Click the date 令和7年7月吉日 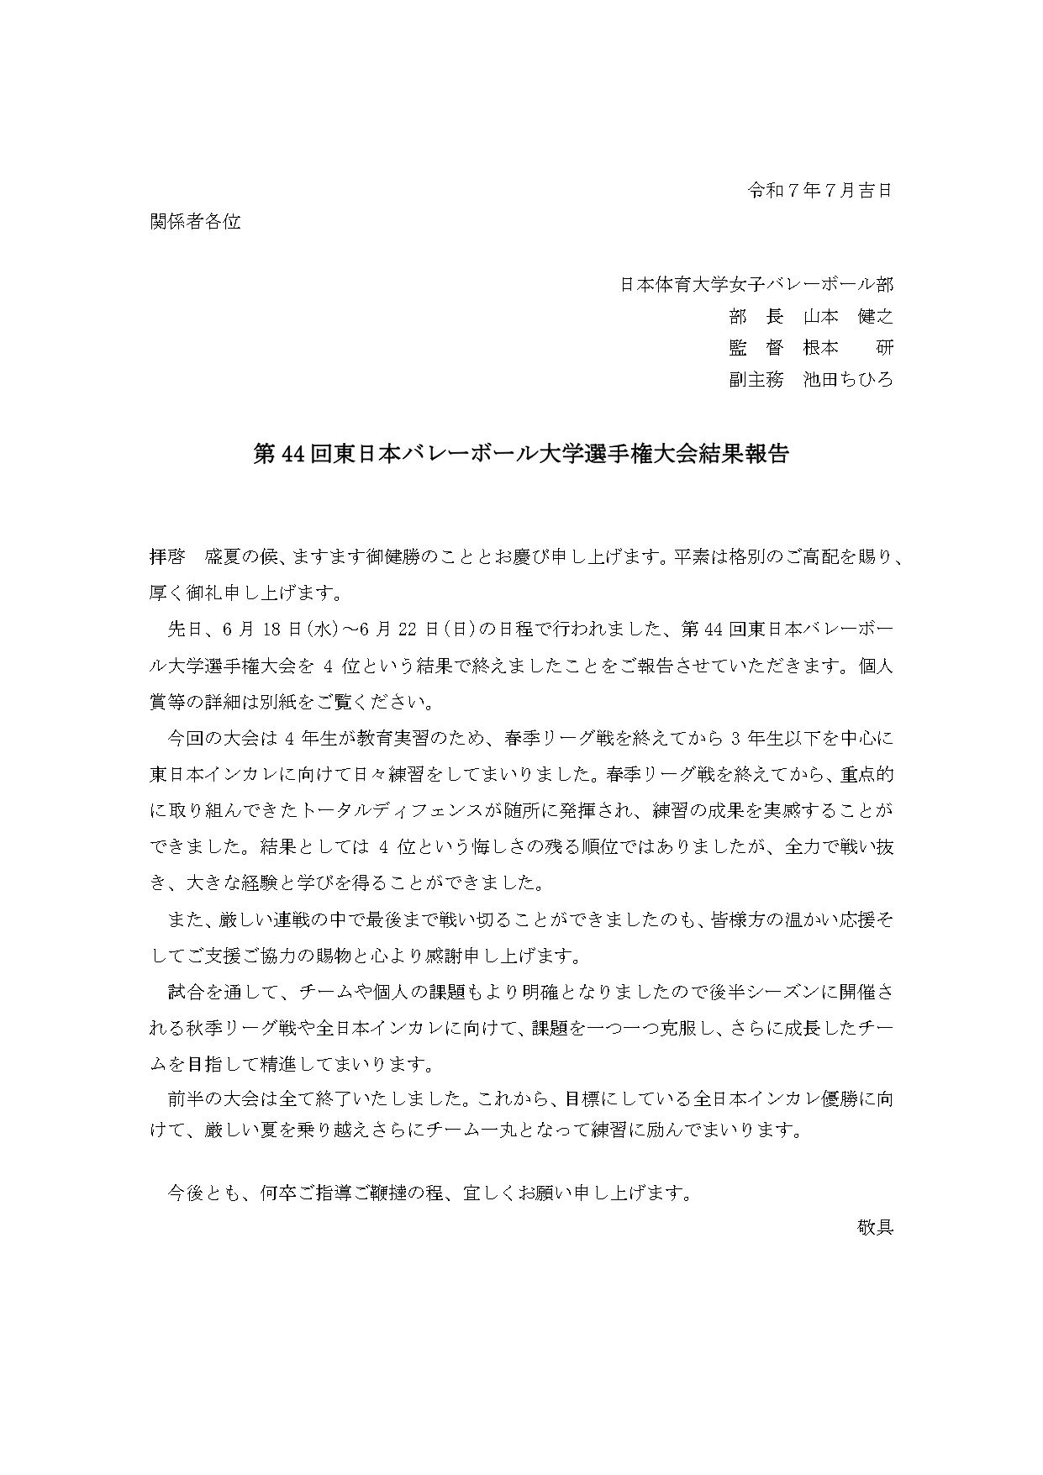click(x=819, y=191)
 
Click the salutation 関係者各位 click(x=195, y=222)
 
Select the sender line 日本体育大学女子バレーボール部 click(x=756, y=285)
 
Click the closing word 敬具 click(x=875, y=1227)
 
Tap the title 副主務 click(x=756, y=380)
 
